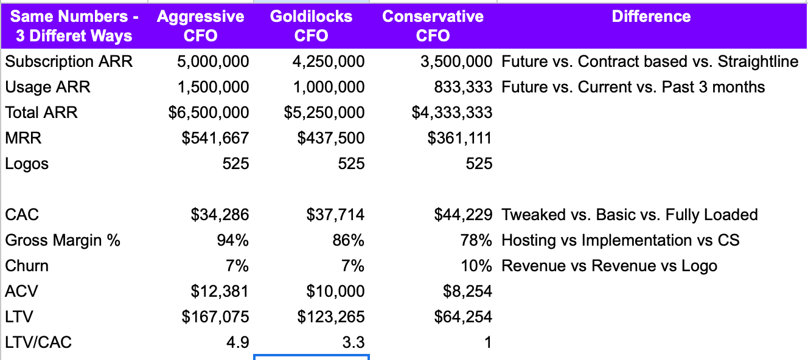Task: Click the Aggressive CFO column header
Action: click(x=200, y=26)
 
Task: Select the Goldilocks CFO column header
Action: click(x=311, y=26)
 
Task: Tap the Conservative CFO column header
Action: click(x=433, y=26)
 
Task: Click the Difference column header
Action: click(x=651, y=16)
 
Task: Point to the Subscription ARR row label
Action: click(x=69, y=61)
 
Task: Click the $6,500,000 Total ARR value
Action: click(x=209, y=112)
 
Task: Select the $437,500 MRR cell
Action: click(x=331, y=138)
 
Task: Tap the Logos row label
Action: click(x=27, y=164)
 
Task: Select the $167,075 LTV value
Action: click(x=215, y=317)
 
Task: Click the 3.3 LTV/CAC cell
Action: click(x=353, y=342)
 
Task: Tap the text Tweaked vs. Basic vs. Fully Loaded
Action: click(x=629, y=215)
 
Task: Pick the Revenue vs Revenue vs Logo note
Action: click(x=609, y=266)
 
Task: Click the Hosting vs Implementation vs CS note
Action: click(x=620, y=240)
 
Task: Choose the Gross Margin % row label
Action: click(x=63, y=240)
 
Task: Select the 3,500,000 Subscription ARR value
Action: click(x=456, y=61)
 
